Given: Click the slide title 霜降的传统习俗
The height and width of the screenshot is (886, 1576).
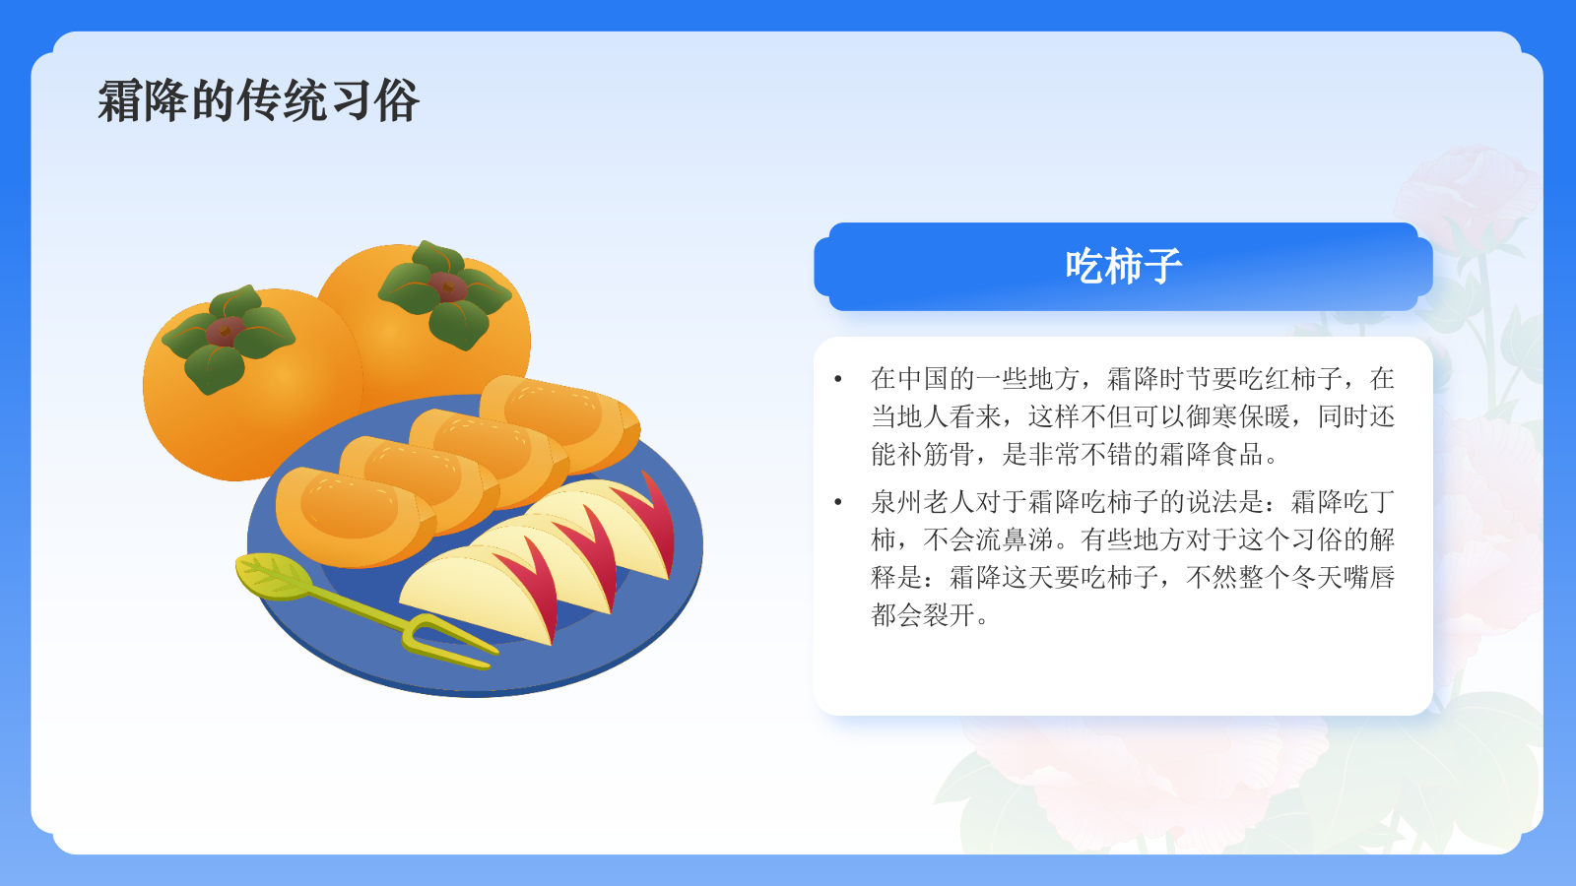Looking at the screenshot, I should coord(259,101).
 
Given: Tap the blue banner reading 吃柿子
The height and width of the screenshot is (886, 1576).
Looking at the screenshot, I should coord(1123,267).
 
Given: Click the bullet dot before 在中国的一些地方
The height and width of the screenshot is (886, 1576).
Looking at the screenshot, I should coord(838,379).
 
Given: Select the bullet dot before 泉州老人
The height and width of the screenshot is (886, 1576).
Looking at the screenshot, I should coord(838,502).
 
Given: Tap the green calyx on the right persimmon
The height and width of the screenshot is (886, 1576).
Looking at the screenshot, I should coord(446,291).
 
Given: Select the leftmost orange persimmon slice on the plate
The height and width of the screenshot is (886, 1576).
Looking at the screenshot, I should coord(350,517).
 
